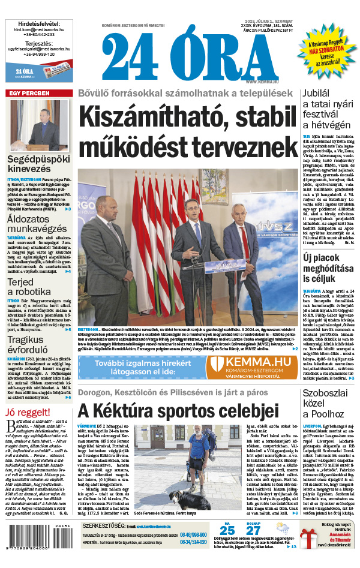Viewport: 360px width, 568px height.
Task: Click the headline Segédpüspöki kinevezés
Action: [39, 165]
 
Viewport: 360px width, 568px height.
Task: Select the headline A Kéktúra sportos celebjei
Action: [178, 411]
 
